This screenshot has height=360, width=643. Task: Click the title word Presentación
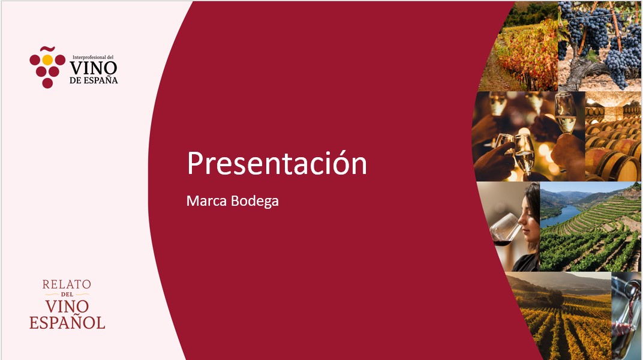(277, 163)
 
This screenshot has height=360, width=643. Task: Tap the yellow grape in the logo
(47, 60)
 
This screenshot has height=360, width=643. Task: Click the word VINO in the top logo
(94, 68)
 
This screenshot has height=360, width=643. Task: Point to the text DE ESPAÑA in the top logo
(94, 80)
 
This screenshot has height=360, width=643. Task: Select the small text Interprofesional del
(93, 58)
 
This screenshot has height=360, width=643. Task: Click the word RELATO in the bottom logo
(67, 284)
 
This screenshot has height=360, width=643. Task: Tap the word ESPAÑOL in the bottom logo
(67, 323)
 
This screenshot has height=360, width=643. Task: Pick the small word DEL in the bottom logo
(67, 295)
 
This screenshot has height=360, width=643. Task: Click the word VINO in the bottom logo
(67, 306)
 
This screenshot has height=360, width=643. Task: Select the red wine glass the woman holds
(504, 230)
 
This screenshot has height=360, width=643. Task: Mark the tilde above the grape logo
(47, 49)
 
